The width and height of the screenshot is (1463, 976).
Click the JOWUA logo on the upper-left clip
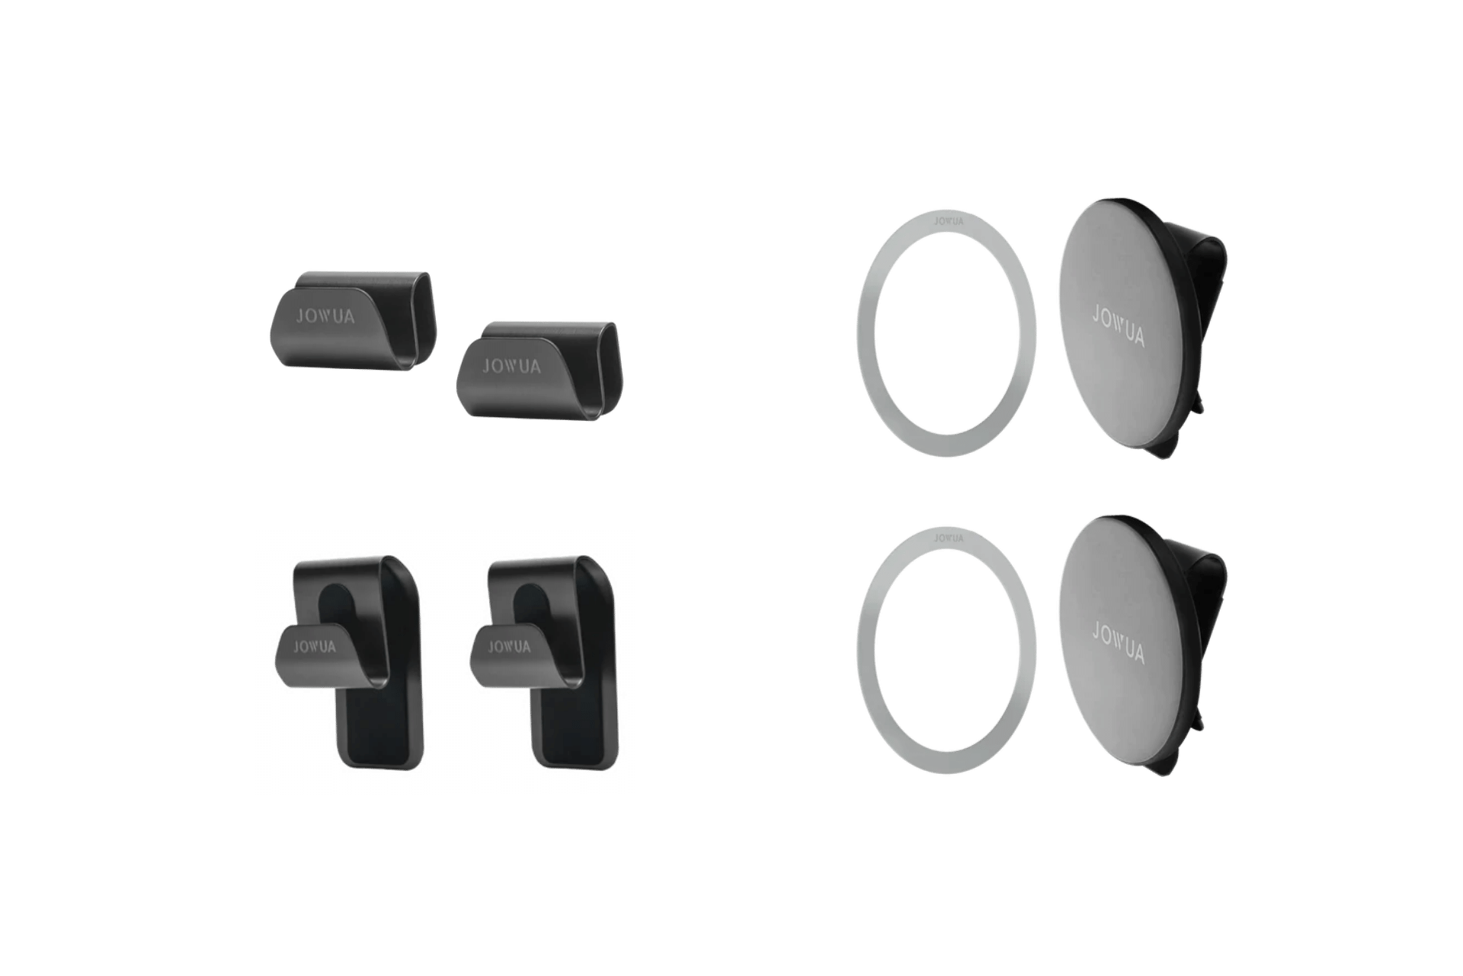325,316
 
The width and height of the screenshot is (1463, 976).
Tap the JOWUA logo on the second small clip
511,366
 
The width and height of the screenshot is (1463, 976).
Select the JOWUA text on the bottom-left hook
315,647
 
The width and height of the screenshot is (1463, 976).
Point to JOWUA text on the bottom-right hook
509,647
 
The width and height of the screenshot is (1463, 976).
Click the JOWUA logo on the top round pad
1119,326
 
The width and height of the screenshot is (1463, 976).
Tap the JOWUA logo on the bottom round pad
1119,643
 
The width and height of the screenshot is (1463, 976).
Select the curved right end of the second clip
613,370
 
